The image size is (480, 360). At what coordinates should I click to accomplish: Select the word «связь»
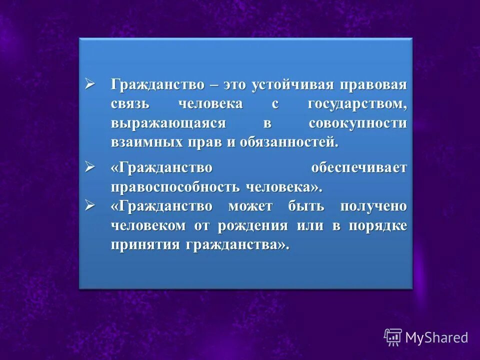(x=128, y=104)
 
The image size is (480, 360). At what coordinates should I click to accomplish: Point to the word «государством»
(x=357, y=104)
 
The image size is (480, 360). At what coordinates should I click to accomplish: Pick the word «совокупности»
(x=358, y=123)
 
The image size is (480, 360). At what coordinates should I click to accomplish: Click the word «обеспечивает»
(x=359, y=167)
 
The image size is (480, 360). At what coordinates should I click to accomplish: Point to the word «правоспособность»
(x=176, y=187)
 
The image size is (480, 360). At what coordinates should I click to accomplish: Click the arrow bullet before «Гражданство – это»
(x=90, y=83)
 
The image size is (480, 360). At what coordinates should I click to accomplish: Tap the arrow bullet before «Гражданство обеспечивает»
(x=90, y=167)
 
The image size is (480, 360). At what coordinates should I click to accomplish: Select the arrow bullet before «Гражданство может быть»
(x=90, y=205)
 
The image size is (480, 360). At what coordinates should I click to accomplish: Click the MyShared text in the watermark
(x=436, y=337)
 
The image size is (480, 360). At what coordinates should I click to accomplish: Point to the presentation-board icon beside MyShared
(x=393, y=337)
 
